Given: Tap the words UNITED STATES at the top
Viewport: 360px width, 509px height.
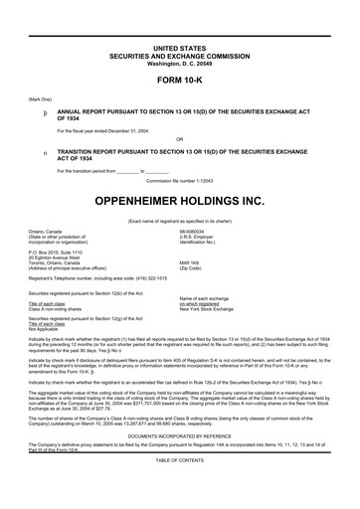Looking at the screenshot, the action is click(179, 48).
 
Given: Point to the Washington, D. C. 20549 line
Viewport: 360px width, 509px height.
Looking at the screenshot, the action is click(179, 64).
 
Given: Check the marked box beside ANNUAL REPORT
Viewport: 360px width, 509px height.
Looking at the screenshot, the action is click(33, 115).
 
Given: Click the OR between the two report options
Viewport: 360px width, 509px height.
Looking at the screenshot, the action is click(179, 138).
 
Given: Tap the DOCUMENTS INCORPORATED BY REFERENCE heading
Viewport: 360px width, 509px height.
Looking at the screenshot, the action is click(179, 463).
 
